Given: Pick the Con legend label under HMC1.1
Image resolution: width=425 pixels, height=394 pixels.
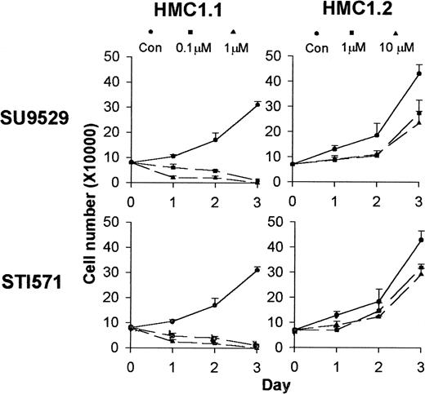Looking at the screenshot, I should click(x=150, y=47).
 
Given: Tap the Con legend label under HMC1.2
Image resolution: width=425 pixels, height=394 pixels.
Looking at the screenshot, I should click(x=315, y=47).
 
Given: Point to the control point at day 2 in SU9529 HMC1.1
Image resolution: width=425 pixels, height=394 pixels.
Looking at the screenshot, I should click(x=215, y=139).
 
